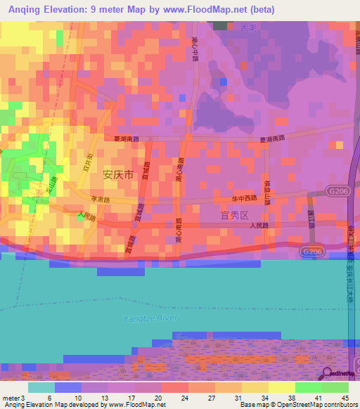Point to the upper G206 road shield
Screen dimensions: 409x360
[x=336, y=190]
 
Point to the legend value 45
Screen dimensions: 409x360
[x=346, y=398]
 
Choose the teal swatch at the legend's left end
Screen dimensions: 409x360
[x=41, y=387]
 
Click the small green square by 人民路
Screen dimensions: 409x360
[x=79, y=215]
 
